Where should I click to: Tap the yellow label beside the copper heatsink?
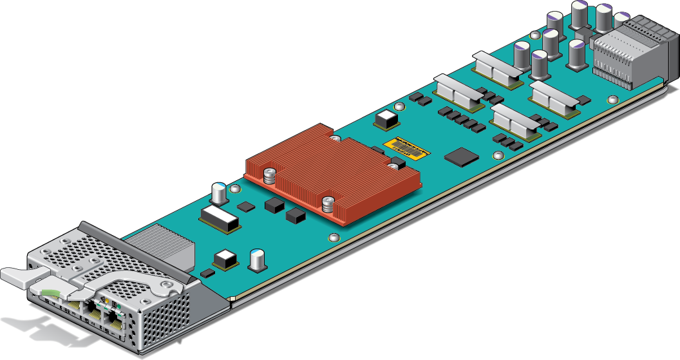[406, 147]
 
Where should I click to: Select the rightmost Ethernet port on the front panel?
[116, 319]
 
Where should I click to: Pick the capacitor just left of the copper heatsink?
[220, 192]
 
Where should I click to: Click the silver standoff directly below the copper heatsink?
[333, 238]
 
